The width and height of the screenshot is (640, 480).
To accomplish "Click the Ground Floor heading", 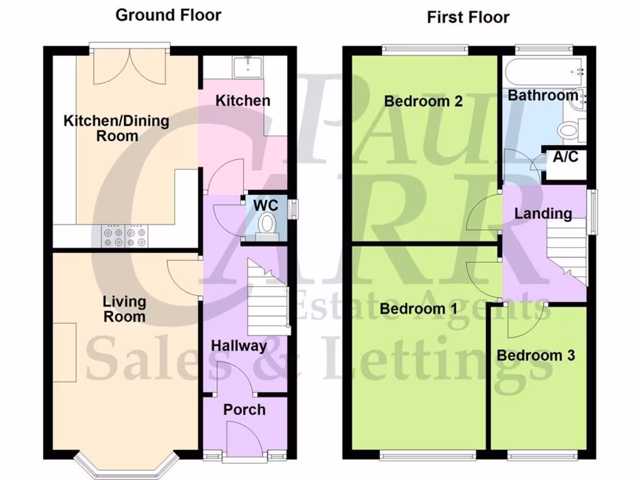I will point(168,15).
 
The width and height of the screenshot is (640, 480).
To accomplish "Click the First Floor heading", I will point(468,17).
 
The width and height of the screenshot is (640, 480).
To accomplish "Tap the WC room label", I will point(266,205).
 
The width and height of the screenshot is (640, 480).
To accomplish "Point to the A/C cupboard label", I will point(566,157).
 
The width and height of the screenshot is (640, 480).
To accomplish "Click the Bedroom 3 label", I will point(536,356).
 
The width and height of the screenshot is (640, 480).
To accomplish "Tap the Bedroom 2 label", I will point(423,101).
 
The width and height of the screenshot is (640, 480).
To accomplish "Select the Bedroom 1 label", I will point(419,309).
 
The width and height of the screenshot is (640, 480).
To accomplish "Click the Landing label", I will point(543,214).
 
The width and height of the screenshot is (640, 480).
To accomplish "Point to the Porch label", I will point(244,410).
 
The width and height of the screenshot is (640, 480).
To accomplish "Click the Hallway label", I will point(239,346).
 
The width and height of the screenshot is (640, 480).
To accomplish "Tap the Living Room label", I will point(124,309).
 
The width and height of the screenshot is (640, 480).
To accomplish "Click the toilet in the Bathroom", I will point(571,131).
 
